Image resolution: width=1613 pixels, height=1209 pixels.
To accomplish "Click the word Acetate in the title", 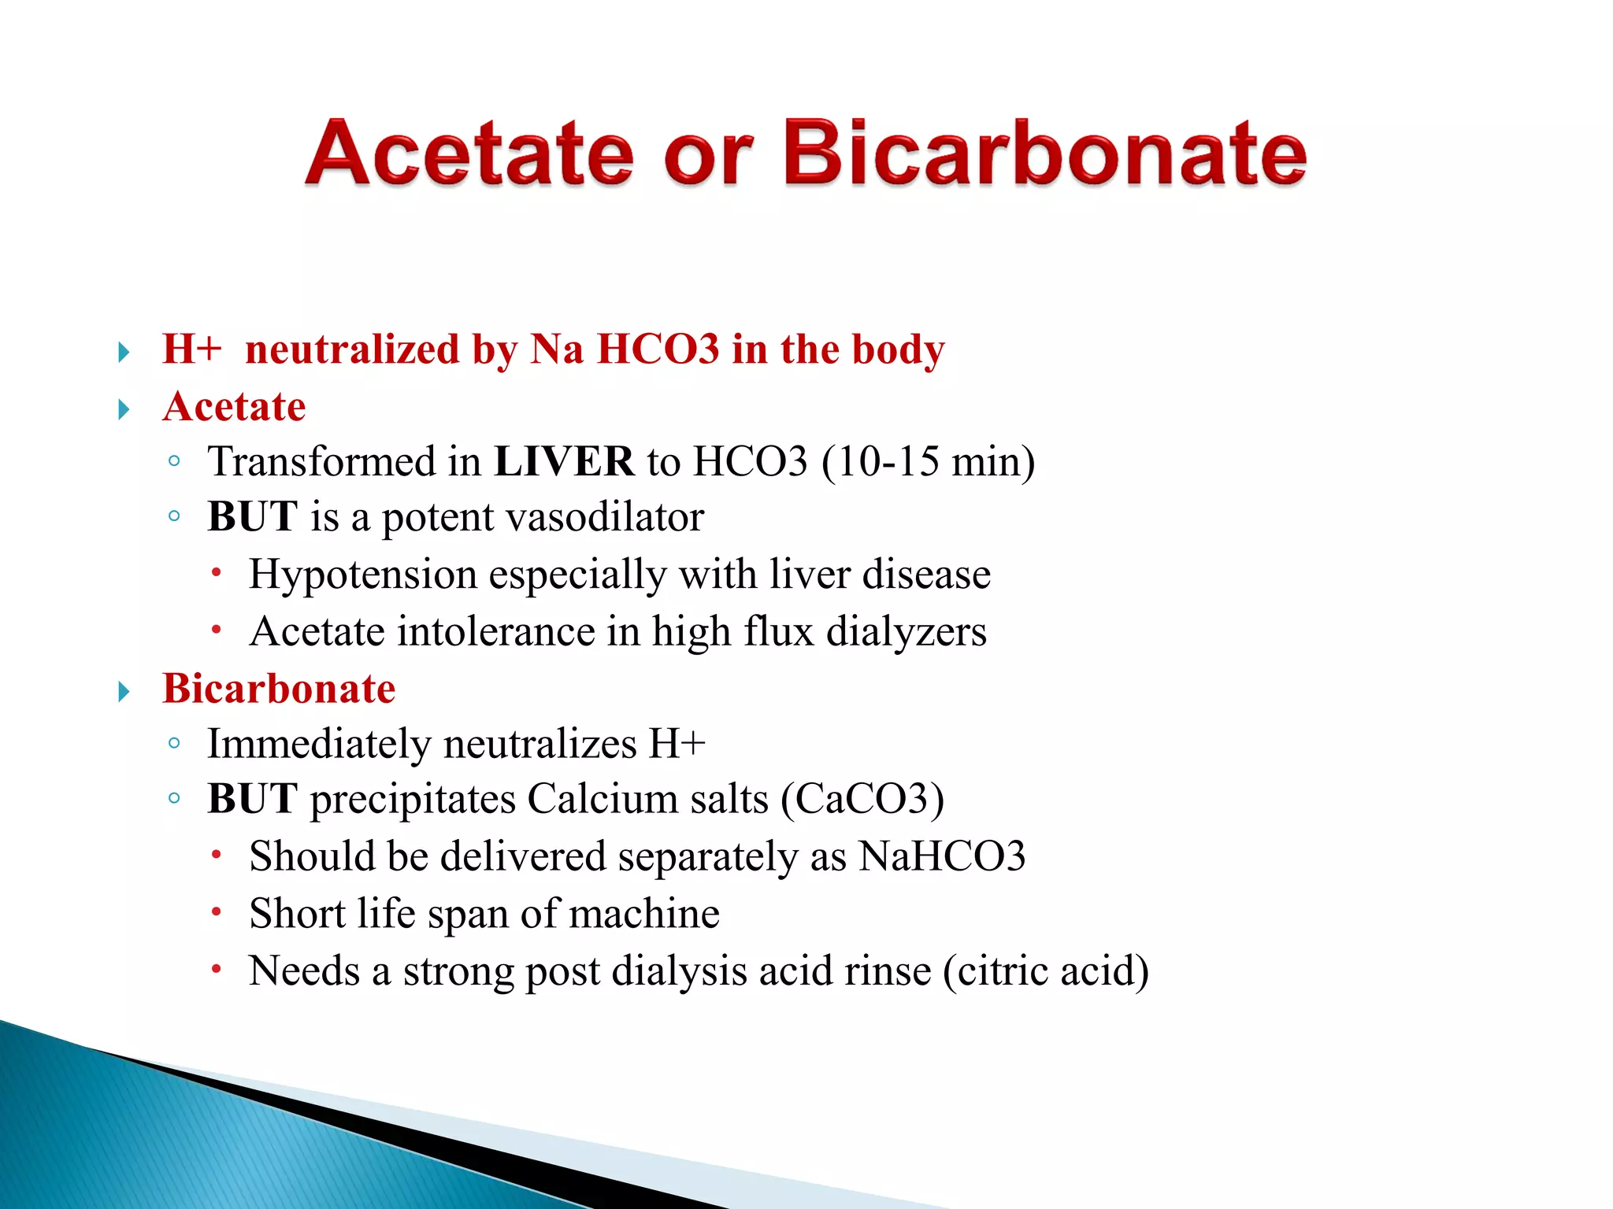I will click(469, 153).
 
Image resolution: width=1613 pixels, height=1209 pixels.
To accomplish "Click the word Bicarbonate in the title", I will click(1044, 153).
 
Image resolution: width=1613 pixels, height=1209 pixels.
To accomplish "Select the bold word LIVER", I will click(564, 461).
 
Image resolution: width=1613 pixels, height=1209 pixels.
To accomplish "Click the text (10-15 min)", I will click(928, 461).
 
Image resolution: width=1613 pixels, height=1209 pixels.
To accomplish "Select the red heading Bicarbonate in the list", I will click(279, 689).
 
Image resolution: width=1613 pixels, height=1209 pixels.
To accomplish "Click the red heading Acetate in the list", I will click(234, 407).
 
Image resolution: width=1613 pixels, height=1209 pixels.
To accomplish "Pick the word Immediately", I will click(320, 745).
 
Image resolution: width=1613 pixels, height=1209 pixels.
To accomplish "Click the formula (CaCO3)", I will click(862, 800).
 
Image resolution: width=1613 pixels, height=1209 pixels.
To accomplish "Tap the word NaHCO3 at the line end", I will click(942, 857).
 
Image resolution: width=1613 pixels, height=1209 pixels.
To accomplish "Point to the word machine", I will click(643, 915).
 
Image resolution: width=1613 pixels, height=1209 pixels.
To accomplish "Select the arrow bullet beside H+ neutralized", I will click(124, 352).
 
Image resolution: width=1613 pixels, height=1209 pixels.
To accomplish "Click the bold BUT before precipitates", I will click(252, 800).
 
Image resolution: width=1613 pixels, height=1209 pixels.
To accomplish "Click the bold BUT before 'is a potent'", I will click(252, 518).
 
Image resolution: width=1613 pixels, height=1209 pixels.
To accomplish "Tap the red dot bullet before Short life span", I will click(216, 912).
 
